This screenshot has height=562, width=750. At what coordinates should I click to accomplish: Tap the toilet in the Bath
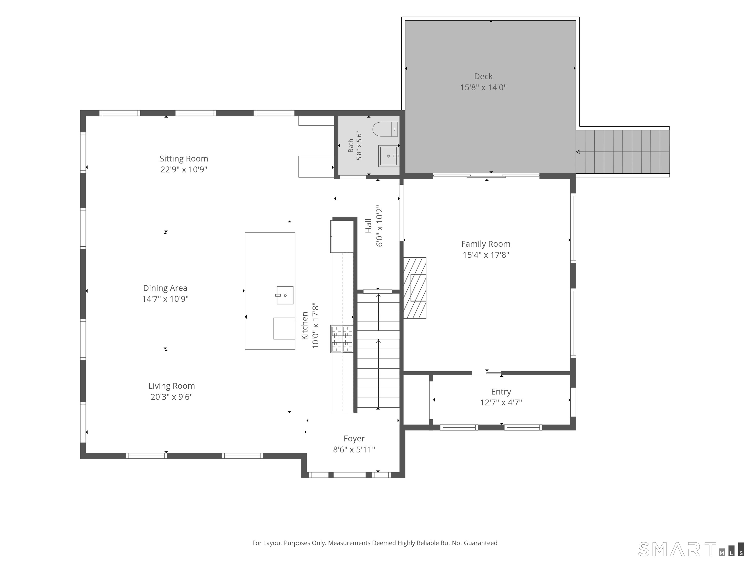385,129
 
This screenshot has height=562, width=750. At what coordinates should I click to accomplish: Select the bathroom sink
388,156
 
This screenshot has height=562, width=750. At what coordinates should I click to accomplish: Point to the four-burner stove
342,339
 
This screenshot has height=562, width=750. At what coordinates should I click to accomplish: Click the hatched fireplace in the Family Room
415,288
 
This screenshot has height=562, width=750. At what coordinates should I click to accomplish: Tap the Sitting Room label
184,159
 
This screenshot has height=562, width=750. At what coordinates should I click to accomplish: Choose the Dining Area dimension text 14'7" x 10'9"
165,299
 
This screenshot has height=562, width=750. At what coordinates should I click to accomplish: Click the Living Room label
172,386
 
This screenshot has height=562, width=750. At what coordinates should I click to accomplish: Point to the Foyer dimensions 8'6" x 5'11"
354,450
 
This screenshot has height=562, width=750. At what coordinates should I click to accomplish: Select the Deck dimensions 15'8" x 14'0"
483,87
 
